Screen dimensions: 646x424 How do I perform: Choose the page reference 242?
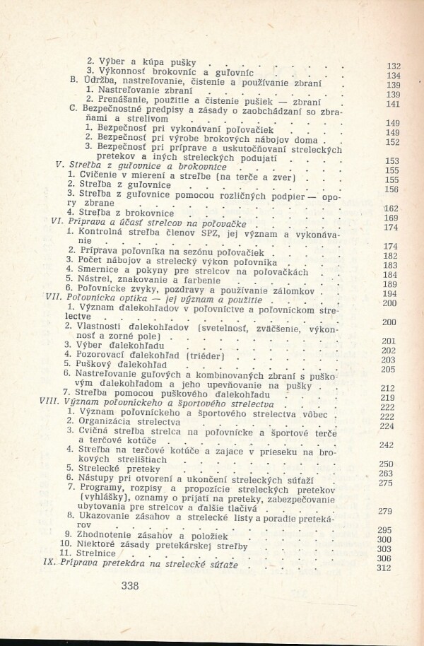click(x=385, y=445)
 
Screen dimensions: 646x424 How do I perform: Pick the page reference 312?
click(x=384, y=568)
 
